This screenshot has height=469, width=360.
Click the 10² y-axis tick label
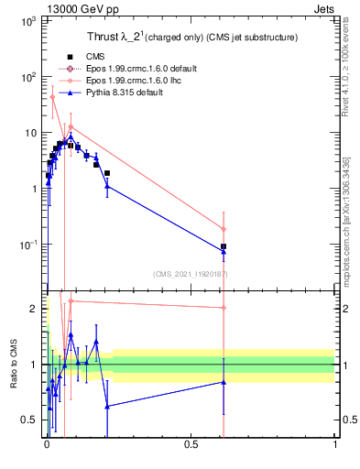pos(27,77)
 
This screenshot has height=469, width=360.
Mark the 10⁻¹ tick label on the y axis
pos(27,245)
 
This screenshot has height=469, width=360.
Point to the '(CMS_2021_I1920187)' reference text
pos(190,274)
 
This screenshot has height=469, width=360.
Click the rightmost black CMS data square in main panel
pos(224,246)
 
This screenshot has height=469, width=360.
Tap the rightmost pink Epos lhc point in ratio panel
pos(224,308)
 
